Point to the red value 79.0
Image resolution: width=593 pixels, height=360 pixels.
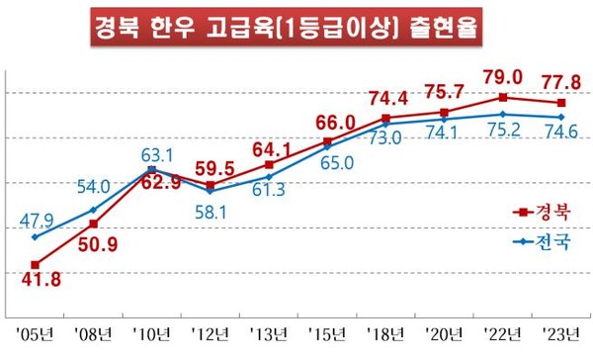click(504, 78)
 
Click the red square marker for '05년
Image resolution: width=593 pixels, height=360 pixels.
click(36, 264)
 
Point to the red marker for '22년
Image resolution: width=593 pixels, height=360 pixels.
click(503, 97)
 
